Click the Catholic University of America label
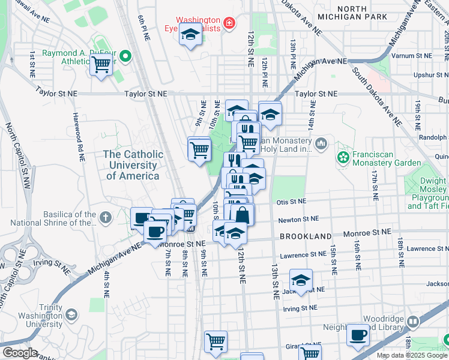click(x=133, y=165)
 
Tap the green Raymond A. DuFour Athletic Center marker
click(x=125, y=58)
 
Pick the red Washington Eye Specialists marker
click(x=228, y=24)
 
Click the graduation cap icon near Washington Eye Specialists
click(x=190, y=35)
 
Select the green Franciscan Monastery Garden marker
click(x=343, y=157)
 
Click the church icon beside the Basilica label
click(x=106, y=218)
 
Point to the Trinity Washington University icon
click(x=71, y=315)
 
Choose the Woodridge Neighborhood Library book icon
click(x=412, y=323)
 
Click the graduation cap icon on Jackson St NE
click(x=301, y=280)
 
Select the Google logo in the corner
click(x=20, y=353)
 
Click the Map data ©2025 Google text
click(x=412, y=355)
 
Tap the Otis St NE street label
click(x=291, y=202)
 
